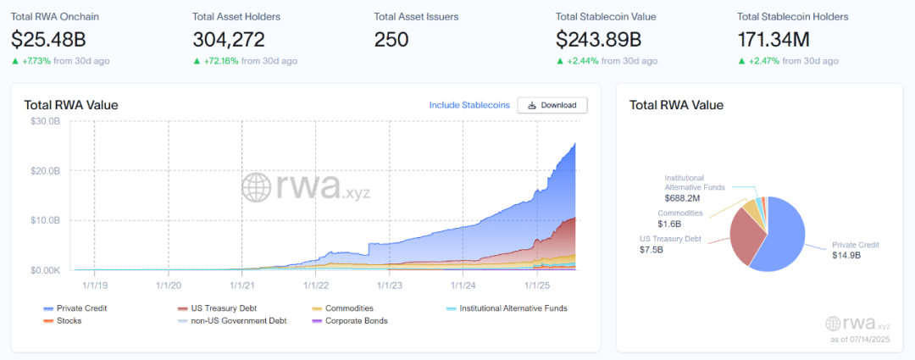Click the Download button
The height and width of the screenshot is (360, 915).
point(552,105)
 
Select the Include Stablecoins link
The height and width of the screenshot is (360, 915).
point(469,105)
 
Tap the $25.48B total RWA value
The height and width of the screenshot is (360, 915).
point(48,40)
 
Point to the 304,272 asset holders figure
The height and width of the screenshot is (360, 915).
point(229,40)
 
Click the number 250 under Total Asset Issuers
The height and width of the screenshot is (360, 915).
point(391,40)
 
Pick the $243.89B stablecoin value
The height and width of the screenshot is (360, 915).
point(598,40)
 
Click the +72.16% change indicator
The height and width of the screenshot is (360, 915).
point(216,61)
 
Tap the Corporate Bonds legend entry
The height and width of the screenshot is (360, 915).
point(349,321)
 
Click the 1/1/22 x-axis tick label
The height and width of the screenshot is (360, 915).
point(316,285)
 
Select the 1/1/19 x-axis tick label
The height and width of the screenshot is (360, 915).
point(95,285)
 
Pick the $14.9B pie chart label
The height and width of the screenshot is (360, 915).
point(846,255)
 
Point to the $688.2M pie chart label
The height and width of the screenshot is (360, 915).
point(684,197)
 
